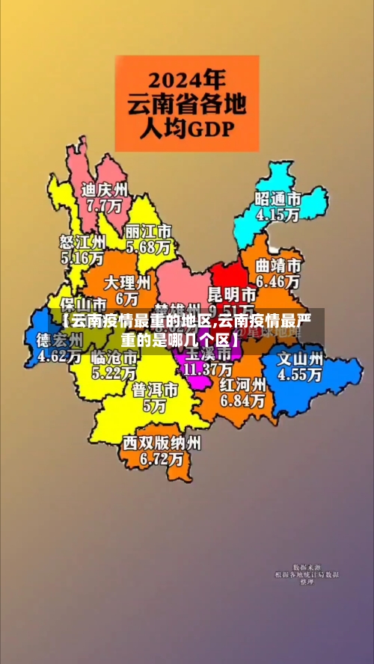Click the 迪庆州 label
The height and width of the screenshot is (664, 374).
click(x=105, y=188)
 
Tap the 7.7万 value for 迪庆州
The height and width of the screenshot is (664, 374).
click(x=105, y=204)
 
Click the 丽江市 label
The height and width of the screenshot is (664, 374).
click(x=148, y=230)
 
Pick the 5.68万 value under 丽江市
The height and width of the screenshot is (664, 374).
click(x=148, y=246)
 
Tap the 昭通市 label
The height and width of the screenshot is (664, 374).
click(x=278, y=199)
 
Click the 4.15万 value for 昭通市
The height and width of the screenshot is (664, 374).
click(x=278, y=215)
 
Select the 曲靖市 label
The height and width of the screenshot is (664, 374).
click(x=278, y=265)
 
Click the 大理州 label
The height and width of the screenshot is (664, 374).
click(x=127, y=283)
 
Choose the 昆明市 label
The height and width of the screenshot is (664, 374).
click(x=231, y=293)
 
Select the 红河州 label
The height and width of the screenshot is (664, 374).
click(x=242, y=384)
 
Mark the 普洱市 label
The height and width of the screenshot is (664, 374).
click(x=155, y=390)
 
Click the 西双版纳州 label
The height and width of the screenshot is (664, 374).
click(x=162, y=443)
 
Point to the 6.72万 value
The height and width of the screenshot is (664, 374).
click(x=162, y=459)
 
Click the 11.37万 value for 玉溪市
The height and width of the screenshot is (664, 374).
click(x=209, y=369)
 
